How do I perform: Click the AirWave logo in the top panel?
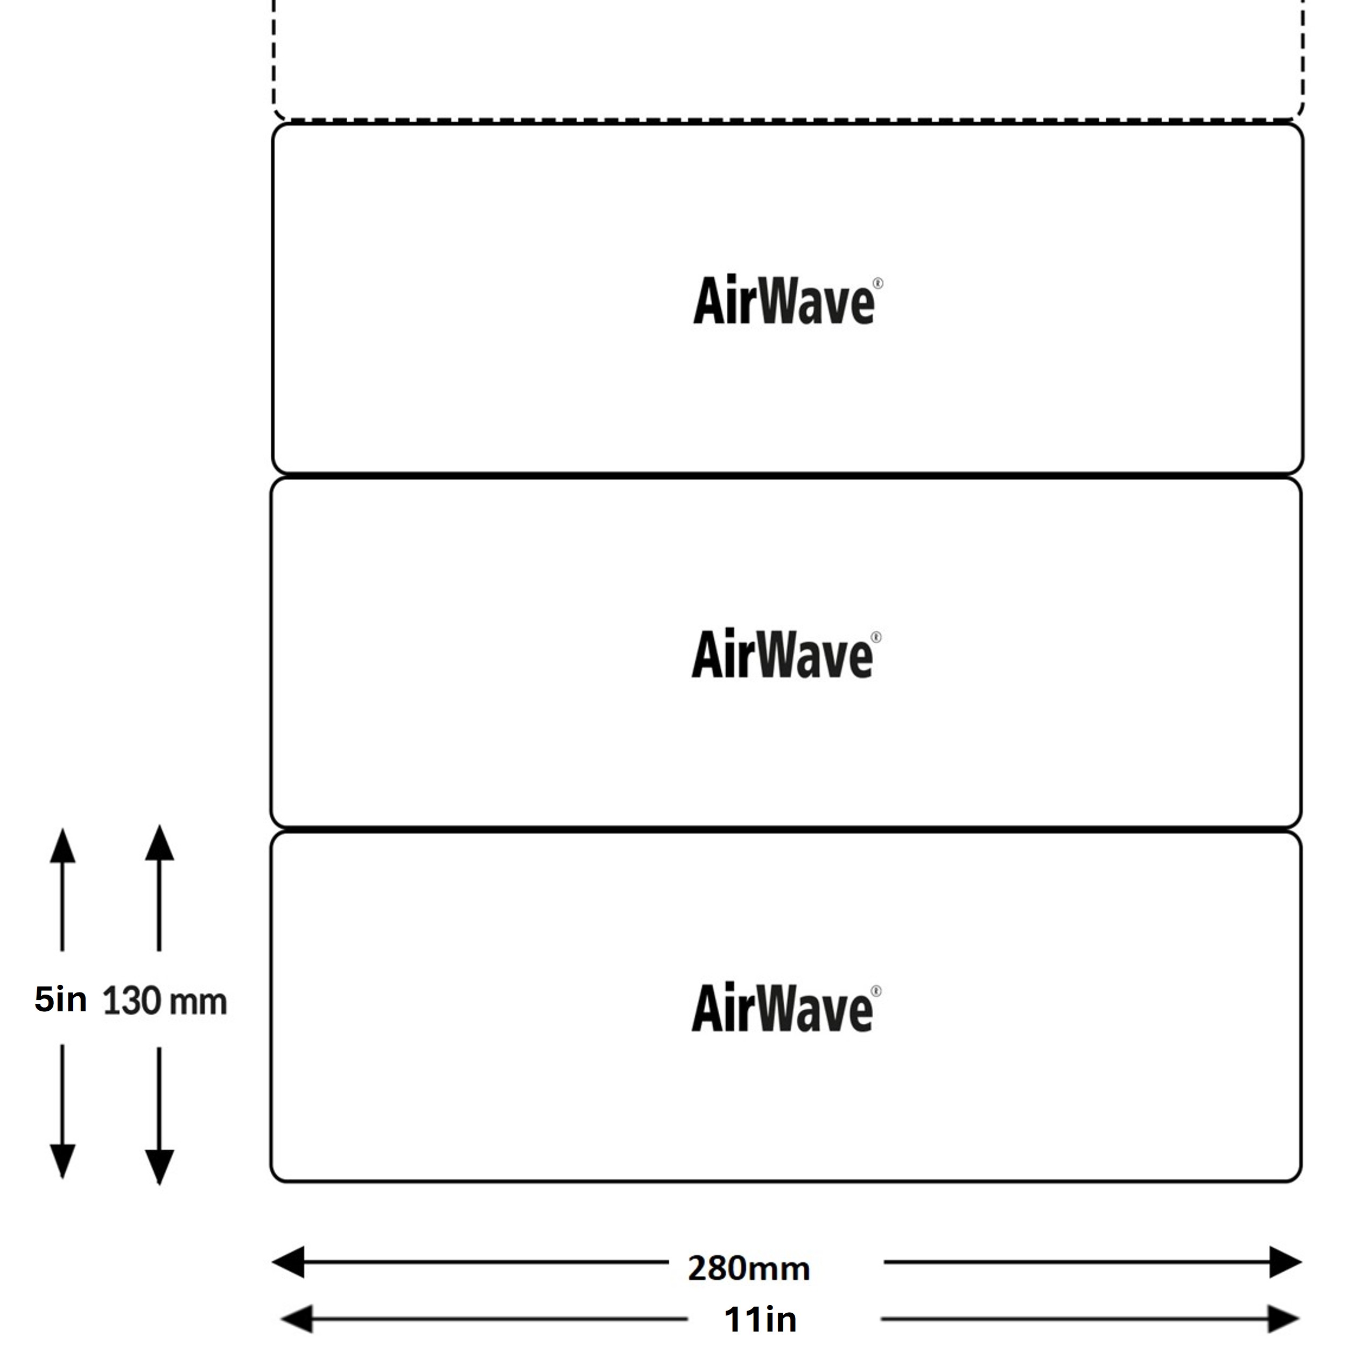pos(788,300)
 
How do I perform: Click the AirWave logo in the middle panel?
pos(787,654)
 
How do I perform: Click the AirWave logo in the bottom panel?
pos(787,1008)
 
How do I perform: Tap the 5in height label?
pos(61,999)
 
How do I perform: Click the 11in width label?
pos(760,1319)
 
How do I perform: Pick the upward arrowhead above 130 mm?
pos(159,843)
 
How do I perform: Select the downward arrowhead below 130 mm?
pos(159,1167)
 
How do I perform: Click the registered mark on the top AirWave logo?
pos(879,284)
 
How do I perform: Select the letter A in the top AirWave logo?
pos(711,300)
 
